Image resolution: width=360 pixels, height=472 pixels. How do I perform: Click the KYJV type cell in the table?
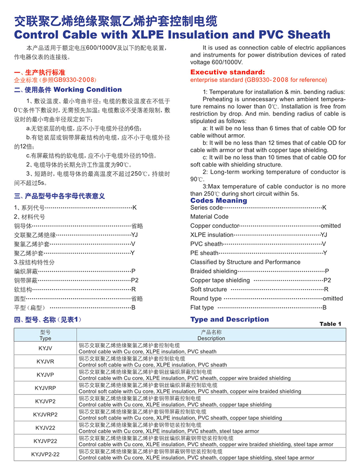[45, 348]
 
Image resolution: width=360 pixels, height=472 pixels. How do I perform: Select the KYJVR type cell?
[45, 361]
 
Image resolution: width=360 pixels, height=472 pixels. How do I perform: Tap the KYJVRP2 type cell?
[45, 414]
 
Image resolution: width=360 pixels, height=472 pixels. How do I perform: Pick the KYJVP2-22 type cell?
[45, 454]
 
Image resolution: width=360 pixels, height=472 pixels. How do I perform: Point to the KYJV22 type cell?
[45, 427]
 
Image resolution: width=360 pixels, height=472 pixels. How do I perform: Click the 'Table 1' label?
[330, 324]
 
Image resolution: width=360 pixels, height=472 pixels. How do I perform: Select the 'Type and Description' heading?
[229, 319]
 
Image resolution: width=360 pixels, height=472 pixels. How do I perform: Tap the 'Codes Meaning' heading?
[219, 200]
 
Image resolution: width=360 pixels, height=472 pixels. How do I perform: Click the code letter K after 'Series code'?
[324, 208]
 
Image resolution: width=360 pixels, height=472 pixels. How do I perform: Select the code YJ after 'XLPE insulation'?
[324, 235]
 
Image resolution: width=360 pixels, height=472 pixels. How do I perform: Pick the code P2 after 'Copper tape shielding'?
[328, 280]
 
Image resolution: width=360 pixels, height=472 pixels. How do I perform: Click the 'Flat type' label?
[202, 308]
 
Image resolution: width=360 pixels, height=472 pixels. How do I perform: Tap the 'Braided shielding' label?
[214, 271]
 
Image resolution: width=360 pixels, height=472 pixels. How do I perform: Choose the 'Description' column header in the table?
[211, 338]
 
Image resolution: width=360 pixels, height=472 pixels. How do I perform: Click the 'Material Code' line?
[209, 217]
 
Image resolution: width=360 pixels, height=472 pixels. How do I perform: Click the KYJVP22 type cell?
[45, 441]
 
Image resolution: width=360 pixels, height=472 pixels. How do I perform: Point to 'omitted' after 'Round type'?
[333, 298]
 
